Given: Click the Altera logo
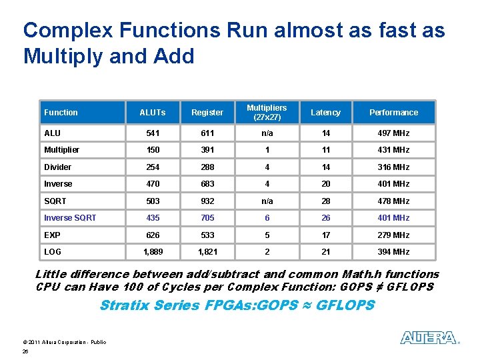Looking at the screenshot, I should pos(429,338).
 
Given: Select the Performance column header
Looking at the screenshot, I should pos(393,113).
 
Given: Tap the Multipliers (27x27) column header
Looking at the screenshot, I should pos(267,112).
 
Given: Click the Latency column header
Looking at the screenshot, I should pos(325,113).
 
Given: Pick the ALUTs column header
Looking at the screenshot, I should pos(152,113).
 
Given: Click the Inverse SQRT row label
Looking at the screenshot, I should pos(70,218).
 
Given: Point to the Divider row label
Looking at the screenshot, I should pos(57,167).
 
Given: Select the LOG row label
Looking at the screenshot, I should pos(53,252).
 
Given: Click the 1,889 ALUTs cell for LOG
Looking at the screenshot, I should pos(152,252).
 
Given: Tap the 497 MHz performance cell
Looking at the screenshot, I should pos(393,133).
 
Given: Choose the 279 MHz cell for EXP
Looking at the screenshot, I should pos(393,235).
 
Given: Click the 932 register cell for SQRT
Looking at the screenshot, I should pos(207,201).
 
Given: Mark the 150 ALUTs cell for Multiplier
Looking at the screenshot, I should pos(152,150).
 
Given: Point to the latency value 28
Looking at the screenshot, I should pos(325,201).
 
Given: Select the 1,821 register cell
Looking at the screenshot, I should pos(207,252).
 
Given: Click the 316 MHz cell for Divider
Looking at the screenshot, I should pos(393,167).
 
